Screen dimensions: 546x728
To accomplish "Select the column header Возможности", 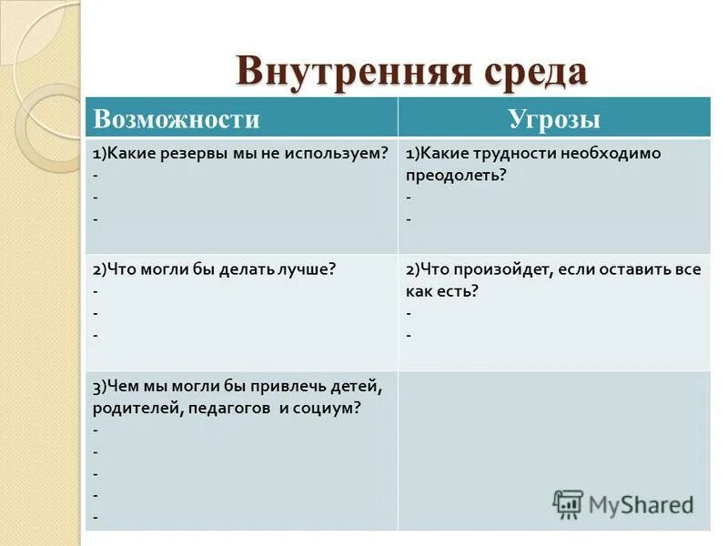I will [177, 119].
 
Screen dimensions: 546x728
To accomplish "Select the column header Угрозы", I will [554, 119].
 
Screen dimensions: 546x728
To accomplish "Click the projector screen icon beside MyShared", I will [568, 504].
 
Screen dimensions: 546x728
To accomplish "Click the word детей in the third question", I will [349, 386].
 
